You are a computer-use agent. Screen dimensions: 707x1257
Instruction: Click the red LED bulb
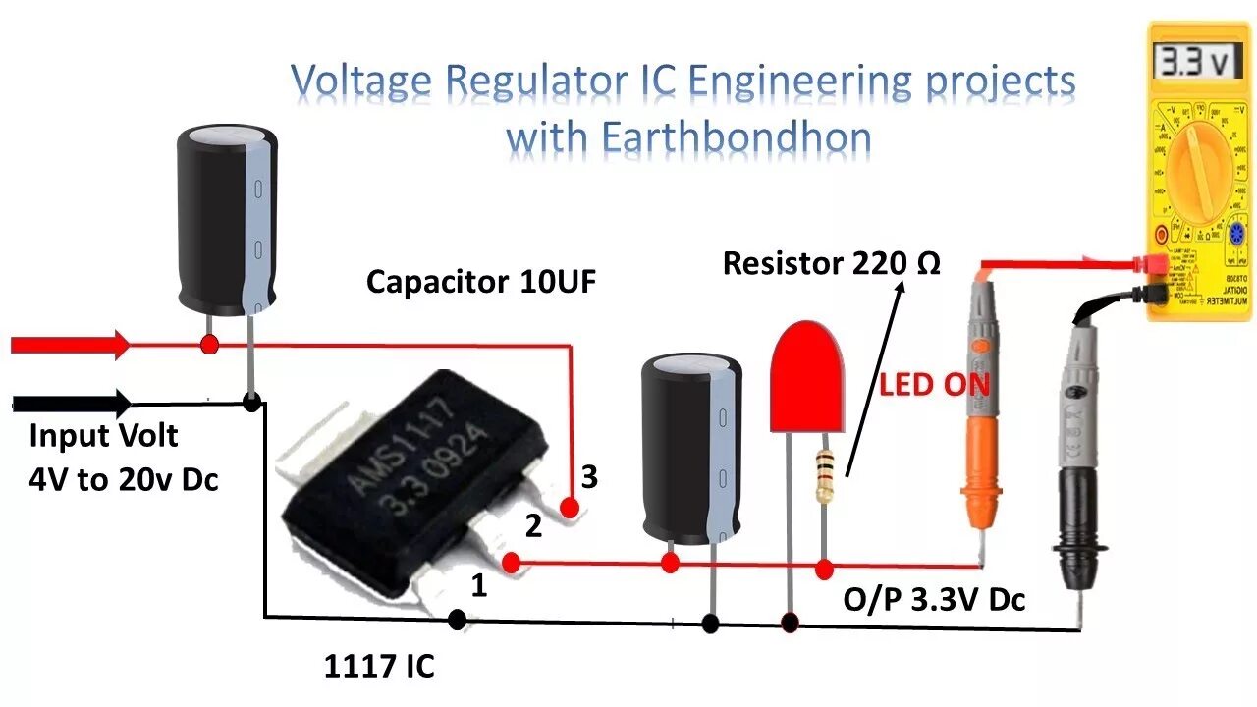(x=807, y=378)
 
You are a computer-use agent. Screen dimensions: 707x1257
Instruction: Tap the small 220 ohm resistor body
(x=823, y=475)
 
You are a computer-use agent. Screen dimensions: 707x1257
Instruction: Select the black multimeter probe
(x=1075, y=432)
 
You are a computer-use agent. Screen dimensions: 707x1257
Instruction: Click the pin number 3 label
(x=589, y=477)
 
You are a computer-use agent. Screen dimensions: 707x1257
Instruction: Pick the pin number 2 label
(x=533, y=527)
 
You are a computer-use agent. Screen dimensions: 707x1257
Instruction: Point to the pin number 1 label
(x=478, y=586)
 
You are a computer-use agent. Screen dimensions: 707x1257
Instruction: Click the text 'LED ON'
(x=933, y=384)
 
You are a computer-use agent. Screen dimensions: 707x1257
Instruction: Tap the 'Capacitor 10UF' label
(x=481, y=283)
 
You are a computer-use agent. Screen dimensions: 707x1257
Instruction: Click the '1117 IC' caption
(x=379, y=667)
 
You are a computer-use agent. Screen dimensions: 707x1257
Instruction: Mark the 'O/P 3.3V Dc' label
(x=934, y=599)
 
